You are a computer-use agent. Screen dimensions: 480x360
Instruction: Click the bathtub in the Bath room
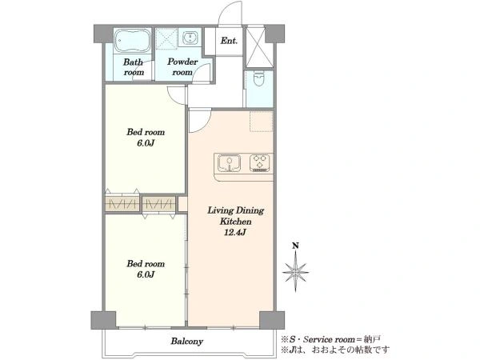133,41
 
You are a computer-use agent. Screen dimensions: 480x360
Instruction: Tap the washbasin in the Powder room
190,38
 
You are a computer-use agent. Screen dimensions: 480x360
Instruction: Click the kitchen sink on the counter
229,162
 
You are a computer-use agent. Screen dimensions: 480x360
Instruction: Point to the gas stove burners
259,162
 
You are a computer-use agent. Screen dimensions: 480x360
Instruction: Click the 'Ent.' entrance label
229,41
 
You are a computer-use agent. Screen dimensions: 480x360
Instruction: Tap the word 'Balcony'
186,341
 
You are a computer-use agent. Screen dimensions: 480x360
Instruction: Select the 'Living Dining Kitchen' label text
236,216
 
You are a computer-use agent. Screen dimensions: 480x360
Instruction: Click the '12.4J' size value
235,232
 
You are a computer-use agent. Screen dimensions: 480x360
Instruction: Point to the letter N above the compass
295,246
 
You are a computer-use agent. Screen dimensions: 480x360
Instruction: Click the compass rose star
295,271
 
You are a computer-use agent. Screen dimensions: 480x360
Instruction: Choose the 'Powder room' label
182,67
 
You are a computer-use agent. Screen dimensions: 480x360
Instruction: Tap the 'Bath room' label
134,67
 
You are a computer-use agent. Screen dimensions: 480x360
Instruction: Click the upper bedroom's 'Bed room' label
146,132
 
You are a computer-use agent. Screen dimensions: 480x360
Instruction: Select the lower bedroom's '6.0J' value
146,274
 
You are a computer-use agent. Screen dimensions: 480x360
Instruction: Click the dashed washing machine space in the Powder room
166,38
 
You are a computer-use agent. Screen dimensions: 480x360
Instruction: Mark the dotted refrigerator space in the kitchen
261,122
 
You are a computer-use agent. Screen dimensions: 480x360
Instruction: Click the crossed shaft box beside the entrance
255,47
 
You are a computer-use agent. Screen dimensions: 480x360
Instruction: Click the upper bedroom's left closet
122,203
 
